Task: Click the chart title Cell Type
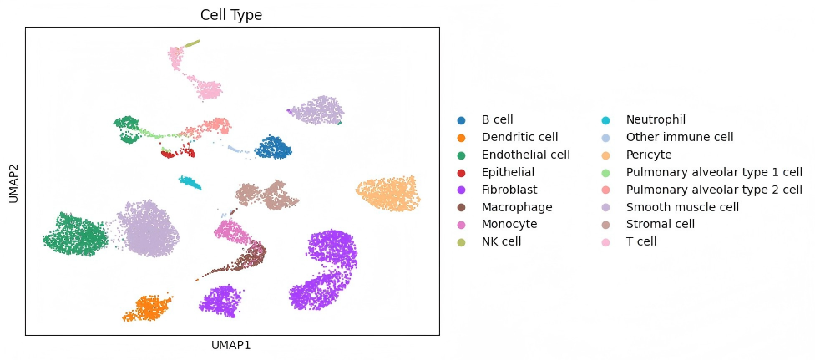coord(231,15)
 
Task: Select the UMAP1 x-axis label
coord(231,344)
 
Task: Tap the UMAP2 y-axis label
coord(13,181)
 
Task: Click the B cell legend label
coord(499,120)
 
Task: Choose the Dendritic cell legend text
coord(519,137)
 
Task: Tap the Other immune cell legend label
coord(680,137)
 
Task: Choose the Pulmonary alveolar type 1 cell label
coord(714,172)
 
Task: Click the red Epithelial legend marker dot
coord(462,172)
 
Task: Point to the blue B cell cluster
coord(272,149)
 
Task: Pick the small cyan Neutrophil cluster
coord(190,183)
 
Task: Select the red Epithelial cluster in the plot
coord(178,153)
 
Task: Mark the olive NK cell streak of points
coord(192,43)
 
